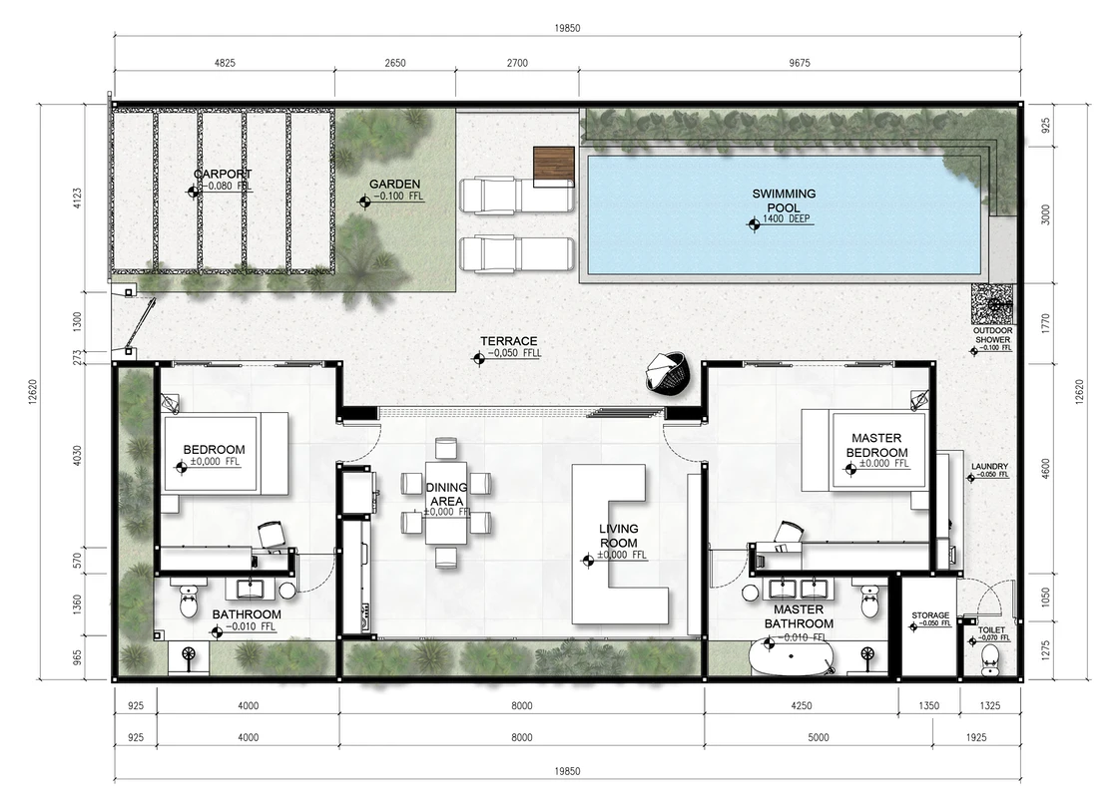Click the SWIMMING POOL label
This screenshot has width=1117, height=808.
point(784,201)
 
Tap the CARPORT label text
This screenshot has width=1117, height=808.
point(223,174)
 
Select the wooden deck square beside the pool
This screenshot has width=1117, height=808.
point(554,166)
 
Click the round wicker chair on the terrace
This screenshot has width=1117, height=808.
point(668,372)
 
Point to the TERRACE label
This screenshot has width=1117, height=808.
point(509,341)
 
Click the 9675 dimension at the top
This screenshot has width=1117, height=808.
point(800,63)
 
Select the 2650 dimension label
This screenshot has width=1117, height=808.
point(395,63)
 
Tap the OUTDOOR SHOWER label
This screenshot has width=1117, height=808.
point(993,334)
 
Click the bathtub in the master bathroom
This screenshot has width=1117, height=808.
point(790,659)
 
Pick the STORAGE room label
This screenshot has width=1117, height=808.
point(930,615)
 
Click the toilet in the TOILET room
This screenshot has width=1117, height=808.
point(990,667)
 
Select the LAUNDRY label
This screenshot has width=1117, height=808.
point(989,467)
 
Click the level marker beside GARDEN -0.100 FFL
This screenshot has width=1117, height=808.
point(364,202)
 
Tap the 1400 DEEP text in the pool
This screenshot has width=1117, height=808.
point(787,219)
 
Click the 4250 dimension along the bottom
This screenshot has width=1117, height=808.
point(802,705)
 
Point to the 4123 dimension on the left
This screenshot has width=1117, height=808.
point(77,199)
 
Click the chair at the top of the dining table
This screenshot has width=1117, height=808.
point(446,448)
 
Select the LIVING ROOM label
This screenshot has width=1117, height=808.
point(618,536)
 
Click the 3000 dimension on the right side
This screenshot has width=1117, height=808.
point(1046,215)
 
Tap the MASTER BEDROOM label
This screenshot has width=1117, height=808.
point(877,445)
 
